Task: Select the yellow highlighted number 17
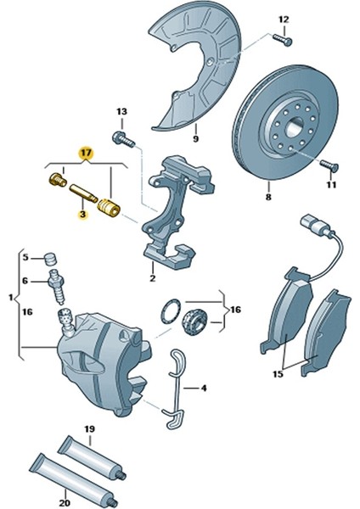[x=85, y=154]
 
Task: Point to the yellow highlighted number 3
[x=82, y=215]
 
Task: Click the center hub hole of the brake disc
[x=284, y=129]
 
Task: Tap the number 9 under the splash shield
[x=194, y=138]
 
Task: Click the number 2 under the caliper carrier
[x=152, y=277]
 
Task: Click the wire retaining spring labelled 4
[x=175, y=386]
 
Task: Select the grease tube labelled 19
[x=93, y=451]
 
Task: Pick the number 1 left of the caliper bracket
[x=9, y=298]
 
